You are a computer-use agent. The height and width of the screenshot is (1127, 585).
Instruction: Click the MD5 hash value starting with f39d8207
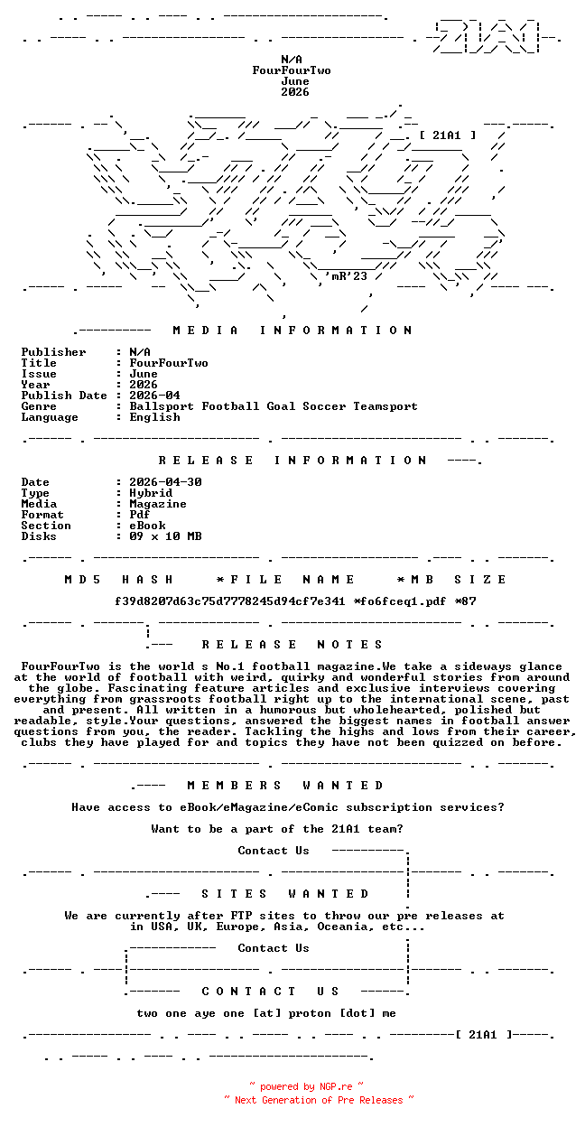[x=230, y=601]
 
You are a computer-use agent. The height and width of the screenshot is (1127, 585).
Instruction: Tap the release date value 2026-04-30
[x=165, y=482]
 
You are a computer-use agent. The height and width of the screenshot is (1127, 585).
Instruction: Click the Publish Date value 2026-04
[x=154, y=396]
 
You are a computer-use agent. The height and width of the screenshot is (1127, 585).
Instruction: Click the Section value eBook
[x=147, y=526]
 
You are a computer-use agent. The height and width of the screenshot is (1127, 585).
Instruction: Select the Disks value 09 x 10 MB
[x=165, y=536]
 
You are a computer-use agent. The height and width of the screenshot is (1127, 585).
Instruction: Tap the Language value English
[x=154, y=417]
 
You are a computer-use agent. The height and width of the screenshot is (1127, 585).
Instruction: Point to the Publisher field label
[x=53, y=352]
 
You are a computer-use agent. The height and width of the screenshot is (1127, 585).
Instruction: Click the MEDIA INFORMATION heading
[x=292, y=331]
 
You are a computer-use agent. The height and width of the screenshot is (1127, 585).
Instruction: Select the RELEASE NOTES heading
[x=292, y=645]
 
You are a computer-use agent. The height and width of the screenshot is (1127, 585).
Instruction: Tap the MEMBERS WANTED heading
[x=285, y=786]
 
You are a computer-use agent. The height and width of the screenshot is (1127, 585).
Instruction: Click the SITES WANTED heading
[x=285, y=894]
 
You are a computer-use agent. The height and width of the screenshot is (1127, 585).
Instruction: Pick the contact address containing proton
[x=266, y=1013]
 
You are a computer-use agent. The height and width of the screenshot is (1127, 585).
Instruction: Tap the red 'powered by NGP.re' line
[x=306, y=1087]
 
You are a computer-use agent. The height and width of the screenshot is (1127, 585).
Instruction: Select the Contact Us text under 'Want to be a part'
[x=274, y=851]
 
